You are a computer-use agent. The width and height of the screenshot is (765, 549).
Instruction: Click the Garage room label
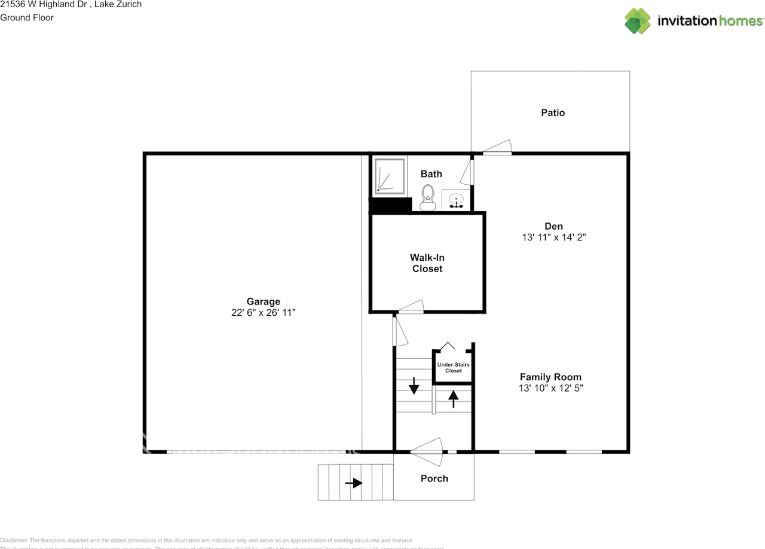[x=263, y=301]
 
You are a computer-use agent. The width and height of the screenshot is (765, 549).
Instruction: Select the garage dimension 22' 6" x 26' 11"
[x=263, y=312]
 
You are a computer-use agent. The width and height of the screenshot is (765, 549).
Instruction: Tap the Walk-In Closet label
[x=427, y=263]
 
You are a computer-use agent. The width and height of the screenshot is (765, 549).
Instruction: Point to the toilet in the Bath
[x=427, y=197]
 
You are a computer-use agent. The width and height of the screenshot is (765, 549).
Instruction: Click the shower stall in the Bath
[x=390, y=175]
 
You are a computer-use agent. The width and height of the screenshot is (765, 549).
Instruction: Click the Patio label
[x=553, y=112]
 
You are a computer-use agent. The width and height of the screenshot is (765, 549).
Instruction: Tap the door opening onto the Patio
[x=498, y=148]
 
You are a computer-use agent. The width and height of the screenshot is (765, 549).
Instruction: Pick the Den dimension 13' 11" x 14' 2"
[x=553, y=237]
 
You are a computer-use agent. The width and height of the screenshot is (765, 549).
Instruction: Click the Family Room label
[x=550, y=377]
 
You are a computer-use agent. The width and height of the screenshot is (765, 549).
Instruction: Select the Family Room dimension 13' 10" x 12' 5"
[x=550, y=388]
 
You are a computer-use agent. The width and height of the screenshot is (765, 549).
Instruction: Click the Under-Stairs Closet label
[x=453, y=367]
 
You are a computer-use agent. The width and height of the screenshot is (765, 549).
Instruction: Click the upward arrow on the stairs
[x=453, y=398]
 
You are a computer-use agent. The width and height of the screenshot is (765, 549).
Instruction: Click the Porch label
[x=434, y=478]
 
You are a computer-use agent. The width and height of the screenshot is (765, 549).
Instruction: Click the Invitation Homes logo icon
[x=638, y=21]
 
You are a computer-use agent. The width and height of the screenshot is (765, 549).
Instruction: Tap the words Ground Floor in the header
[x=27, y=17]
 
